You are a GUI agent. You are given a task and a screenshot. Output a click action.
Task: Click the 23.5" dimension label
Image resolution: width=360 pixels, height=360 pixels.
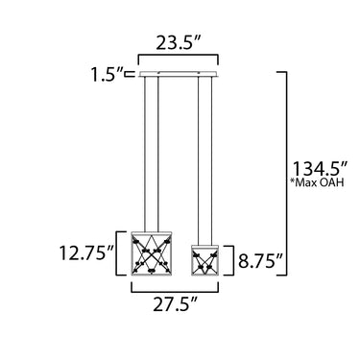pos(178,43)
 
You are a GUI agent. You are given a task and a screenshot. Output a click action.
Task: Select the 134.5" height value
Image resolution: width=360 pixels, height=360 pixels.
pos(321,169)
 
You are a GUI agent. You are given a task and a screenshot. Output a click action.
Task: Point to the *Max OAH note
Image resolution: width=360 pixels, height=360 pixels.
pos(317,182)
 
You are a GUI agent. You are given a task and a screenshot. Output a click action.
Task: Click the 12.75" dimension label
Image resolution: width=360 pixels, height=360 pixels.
pos(86,253)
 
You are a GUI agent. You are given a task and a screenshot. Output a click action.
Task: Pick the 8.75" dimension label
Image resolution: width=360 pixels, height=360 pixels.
pos(260,260)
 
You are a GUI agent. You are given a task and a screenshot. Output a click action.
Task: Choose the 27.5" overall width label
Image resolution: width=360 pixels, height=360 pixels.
pos(175,304)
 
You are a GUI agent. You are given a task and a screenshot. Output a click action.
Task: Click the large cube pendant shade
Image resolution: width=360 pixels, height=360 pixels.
pos(152,253)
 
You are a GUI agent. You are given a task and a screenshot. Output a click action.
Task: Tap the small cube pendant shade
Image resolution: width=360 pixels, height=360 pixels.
pos(204,260)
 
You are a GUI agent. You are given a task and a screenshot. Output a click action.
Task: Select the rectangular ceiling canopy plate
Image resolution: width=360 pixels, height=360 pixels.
pos(179,74)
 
